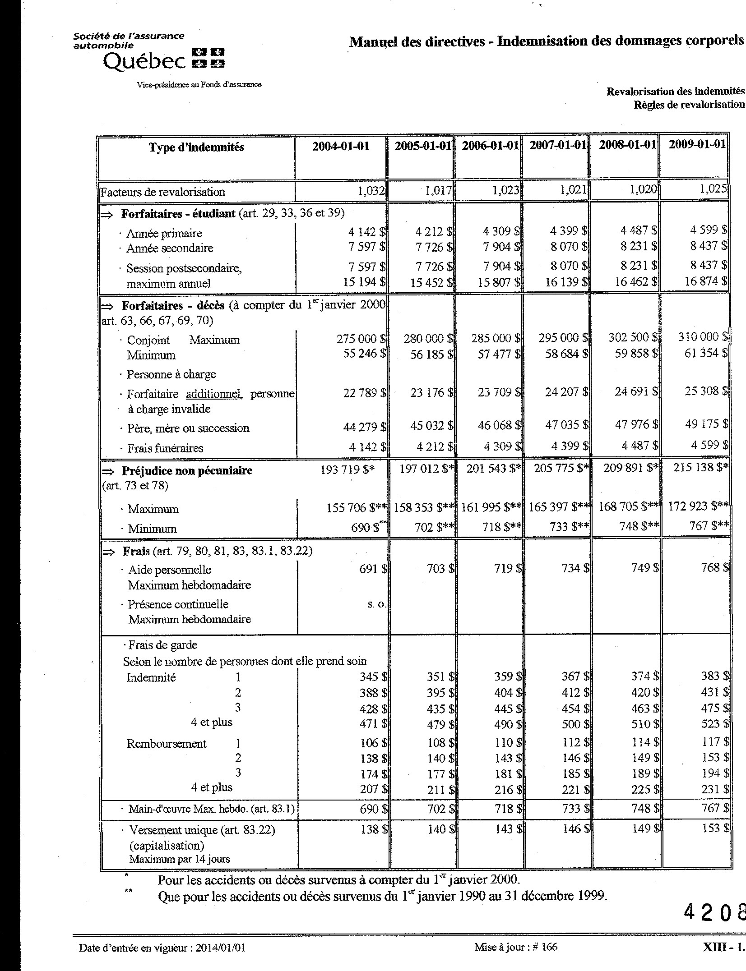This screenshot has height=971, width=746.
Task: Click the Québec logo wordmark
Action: coord(144,60)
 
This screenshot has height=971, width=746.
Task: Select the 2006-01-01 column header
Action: coord(489,146)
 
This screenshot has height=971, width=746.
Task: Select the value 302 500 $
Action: coord(630,337)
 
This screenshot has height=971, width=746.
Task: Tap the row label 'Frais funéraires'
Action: coord(165,448)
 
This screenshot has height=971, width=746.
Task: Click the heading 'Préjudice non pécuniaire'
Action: coord(187,471)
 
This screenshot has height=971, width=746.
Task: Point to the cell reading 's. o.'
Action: coord(377,604)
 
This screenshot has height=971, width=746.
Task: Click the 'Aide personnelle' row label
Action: coord(169,570)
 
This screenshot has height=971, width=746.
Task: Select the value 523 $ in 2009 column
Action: coord(715,724)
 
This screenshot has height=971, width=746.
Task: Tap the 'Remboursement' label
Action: coord(166,744)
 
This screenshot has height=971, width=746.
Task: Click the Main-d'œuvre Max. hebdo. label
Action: coord(211,809)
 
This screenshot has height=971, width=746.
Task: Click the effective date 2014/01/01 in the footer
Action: coord(220,948)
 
